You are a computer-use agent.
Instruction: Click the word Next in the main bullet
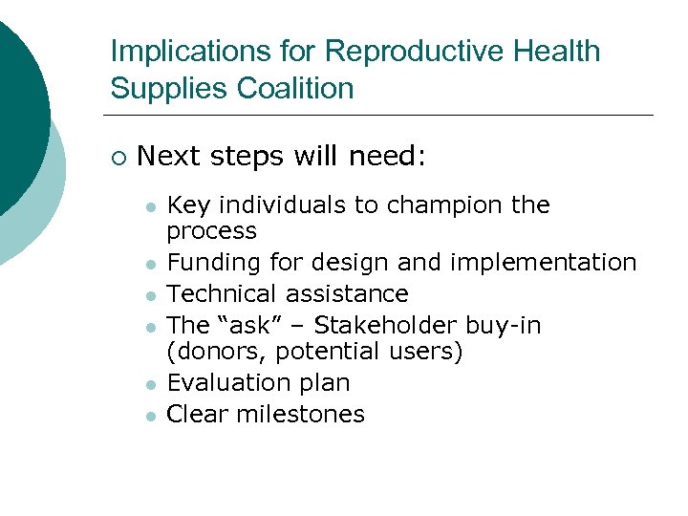166,156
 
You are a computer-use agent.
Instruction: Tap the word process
211,231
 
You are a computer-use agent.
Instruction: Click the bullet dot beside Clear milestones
149,416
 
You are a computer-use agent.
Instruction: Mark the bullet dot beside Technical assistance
149,295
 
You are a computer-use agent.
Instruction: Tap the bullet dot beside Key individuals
149,206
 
